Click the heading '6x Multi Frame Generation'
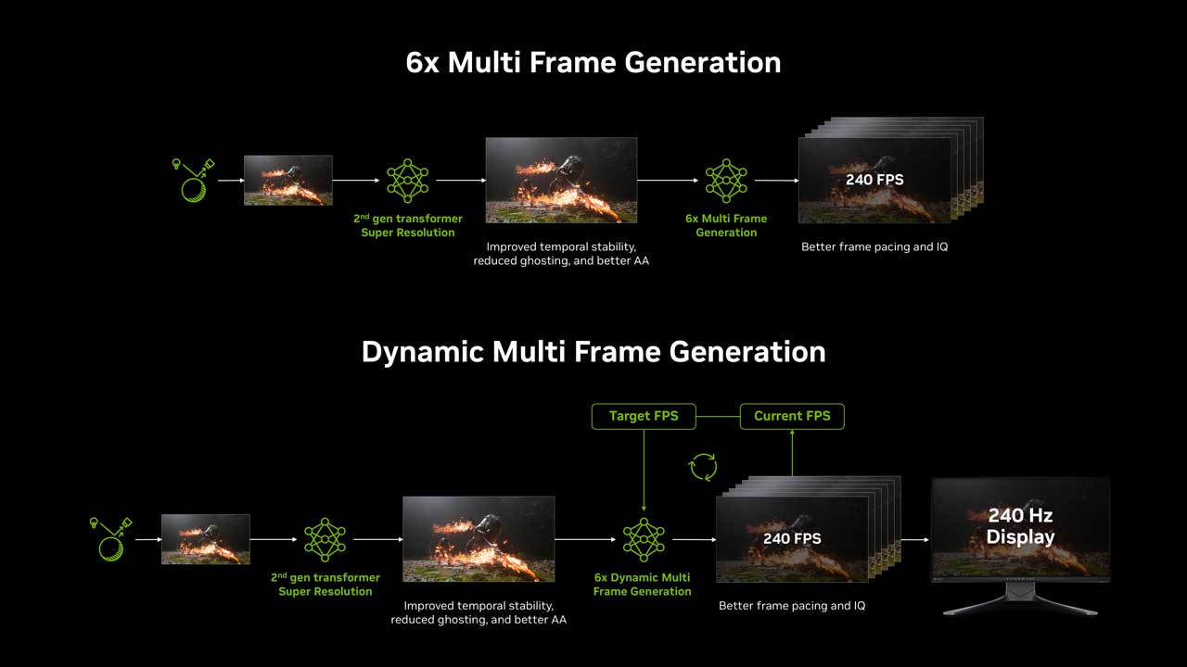pos(593,62)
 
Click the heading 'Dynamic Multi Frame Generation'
pos(593,352)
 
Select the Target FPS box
pos(644,416)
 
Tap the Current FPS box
pos(792,416)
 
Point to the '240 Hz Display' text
pos(1020,525)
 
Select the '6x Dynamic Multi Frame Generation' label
pos(643,585)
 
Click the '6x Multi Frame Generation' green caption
pos(726,225)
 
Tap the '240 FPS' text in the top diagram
pos(874,180)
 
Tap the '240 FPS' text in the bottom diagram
pos(792,539)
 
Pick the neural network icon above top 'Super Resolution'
pos(407,181)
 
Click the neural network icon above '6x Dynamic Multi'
pos(644,539)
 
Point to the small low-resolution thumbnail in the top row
pos(287,180)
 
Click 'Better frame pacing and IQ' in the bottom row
pos(792,606)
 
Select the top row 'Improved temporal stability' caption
pos(561,254)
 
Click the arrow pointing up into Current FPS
pos(792,453)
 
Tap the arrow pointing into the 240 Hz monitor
pos(915,539)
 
